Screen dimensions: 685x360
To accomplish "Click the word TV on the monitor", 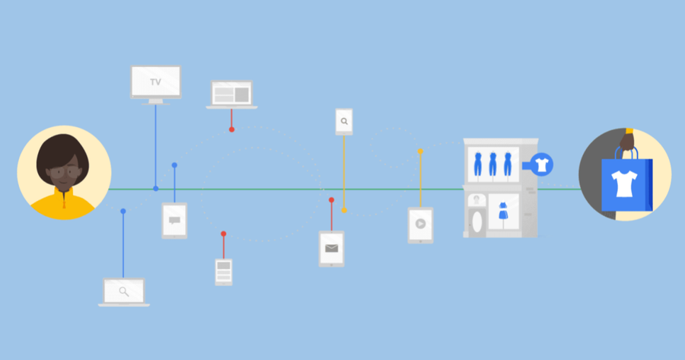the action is pos(155,82).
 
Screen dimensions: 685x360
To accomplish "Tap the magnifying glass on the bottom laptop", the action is pos(124,292).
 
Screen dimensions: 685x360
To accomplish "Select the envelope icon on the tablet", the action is pos(332,249).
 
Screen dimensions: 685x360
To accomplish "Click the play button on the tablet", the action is pos(420,224).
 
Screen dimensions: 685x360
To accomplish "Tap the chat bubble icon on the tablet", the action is pos(174,221).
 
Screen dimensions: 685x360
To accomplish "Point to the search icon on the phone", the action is pos(344,122).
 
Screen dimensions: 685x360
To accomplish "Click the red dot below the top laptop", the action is pos(231,129).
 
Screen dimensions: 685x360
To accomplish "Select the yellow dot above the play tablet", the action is pos(420,151).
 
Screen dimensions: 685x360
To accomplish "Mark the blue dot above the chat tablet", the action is pos(174,165).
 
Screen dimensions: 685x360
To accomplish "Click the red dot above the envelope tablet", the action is pos(332,200).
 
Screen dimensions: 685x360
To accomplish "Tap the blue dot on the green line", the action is pos(155,189).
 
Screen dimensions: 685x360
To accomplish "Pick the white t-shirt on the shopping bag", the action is pos(624,183).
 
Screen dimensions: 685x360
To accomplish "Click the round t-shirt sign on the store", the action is pos(542,164).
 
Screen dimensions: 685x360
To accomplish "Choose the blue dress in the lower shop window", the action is pos(503,211).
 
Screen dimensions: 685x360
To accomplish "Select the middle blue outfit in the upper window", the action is pos(492,164).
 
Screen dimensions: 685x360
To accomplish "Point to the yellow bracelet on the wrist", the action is pos(629,131).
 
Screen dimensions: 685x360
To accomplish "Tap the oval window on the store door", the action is pos(477,221).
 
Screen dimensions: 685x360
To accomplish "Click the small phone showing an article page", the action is pos(224,272).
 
